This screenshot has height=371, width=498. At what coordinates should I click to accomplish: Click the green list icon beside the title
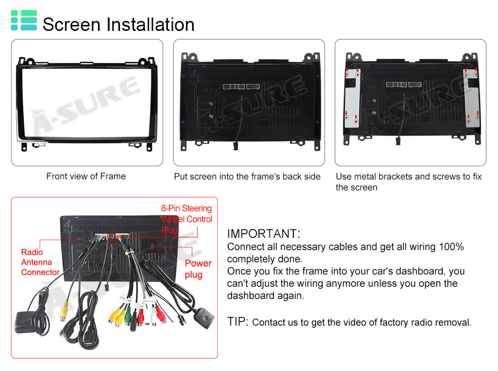pos(24,20)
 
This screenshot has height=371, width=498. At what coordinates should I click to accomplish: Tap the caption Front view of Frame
pos(86,176)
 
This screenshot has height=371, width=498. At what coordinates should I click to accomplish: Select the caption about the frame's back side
pos(247,177)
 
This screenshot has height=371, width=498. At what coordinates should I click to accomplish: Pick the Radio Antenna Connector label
pos(40,262)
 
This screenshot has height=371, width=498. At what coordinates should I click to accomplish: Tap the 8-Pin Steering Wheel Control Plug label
pos(186,219)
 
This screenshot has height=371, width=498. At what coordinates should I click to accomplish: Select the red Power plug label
pos(198,269)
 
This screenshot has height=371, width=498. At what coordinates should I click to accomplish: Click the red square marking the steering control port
pos(112,237)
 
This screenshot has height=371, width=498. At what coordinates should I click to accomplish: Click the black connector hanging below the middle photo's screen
pos(236,146)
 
